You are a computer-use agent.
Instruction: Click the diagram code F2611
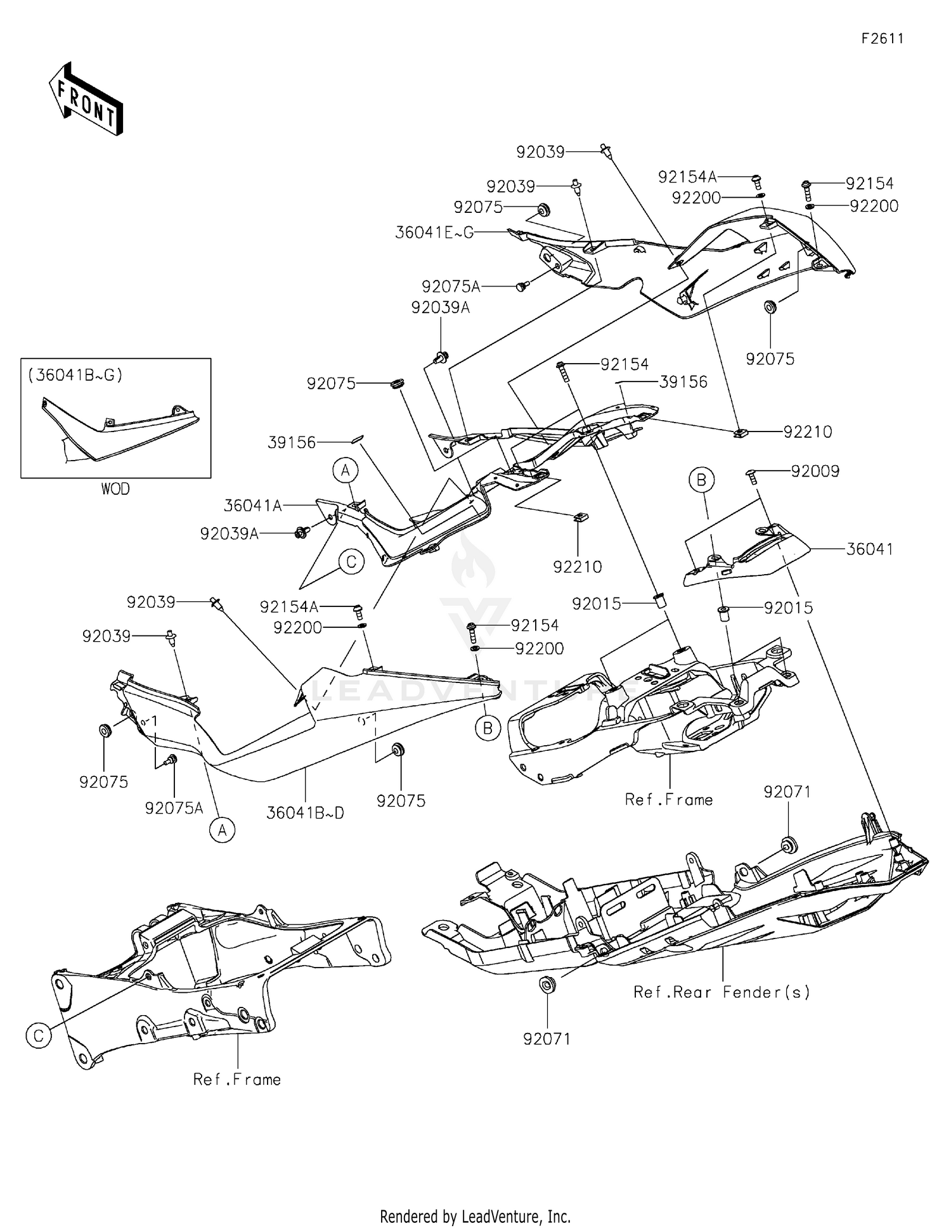tap(882, 39)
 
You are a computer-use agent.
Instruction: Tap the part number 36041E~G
tap(434, 233)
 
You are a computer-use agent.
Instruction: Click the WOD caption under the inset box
tap(115, 489)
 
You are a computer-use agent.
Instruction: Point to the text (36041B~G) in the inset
tap(75, 375)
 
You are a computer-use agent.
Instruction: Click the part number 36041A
tap(252, 506)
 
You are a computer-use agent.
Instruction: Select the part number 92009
tap(815, 471)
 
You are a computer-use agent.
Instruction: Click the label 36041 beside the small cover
tap(869, 549)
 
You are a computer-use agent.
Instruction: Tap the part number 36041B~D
tap(305, 813)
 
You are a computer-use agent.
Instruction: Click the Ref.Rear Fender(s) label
tap(722, 992)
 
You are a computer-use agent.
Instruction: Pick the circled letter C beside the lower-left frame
tap(39, 1036)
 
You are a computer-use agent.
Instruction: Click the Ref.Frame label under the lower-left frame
tap(237, 1080)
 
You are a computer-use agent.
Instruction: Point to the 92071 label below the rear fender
tap(547, 1039)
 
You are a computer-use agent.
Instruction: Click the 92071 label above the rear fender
tap(787, 792)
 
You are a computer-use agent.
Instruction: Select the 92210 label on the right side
tap(808, 432)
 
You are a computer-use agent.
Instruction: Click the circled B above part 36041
tap(701, 480)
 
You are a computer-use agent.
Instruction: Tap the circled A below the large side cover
tap(222, 829)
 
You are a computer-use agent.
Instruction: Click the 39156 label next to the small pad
tap(291, 442)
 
